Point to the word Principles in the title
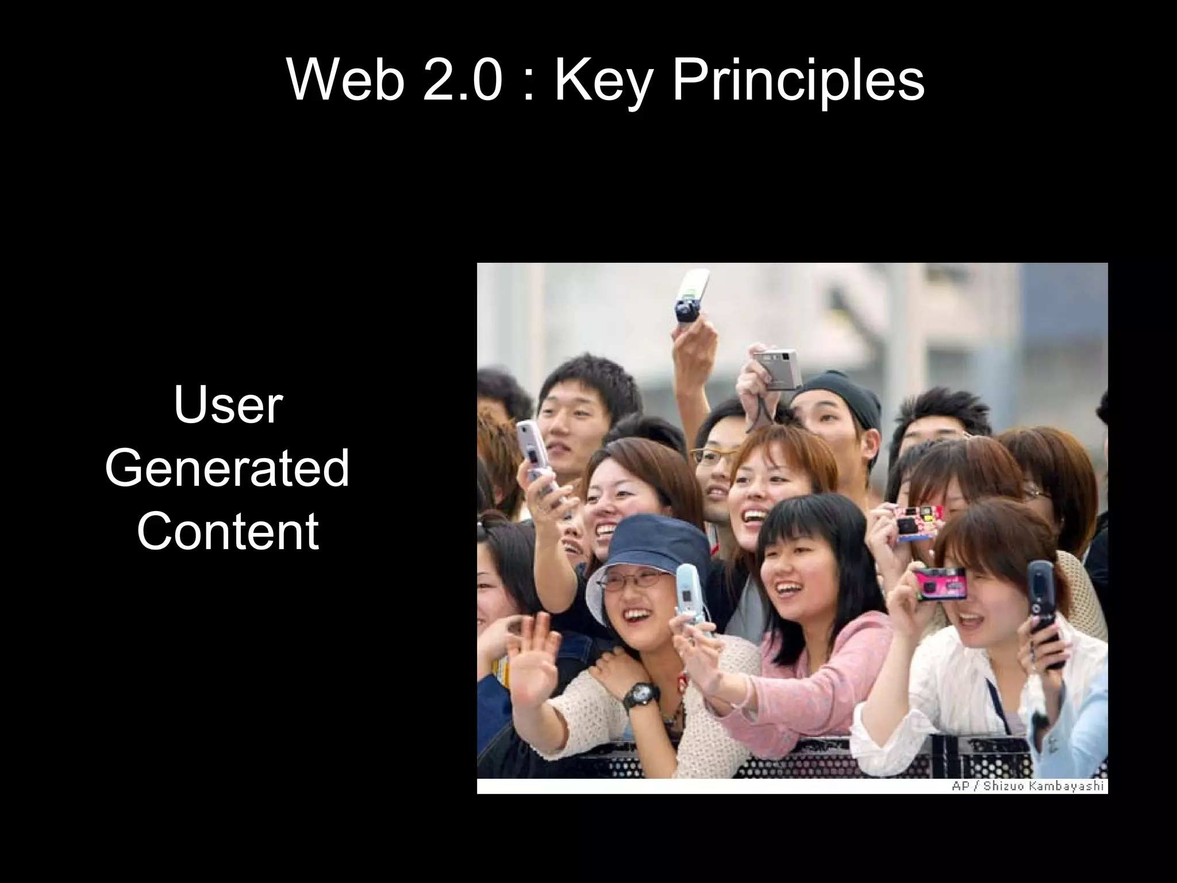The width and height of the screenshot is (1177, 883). pos(798,80)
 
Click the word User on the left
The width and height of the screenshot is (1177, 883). pos(228,406)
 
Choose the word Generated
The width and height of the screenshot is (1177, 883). pos(228,469)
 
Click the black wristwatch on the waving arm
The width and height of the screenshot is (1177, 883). pos(639,693)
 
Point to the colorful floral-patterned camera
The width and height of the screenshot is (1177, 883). pos(918,521)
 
